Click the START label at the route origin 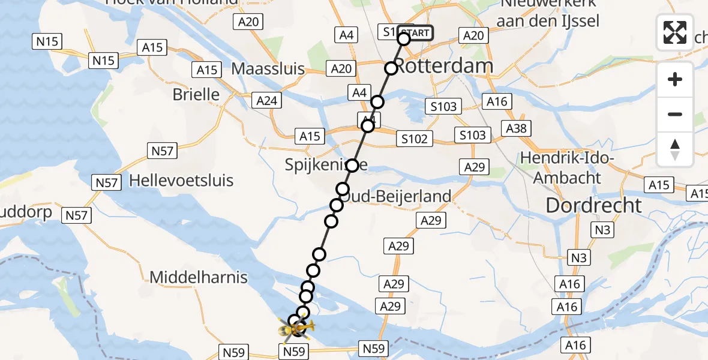pyautogui.click(x=415, y=33)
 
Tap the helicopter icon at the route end pyautogui.click(x=293, y=327)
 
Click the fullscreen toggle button pyautogui.click(x=675, y=32)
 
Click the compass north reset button pyautogui.click(x=675, y=149)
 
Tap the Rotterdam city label pyautogui.click(x=445, y=66)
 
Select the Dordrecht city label pyautogui.click(x=593, y=206)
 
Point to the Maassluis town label pyautogui.click(x=268, y=69)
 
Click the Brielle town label pyautogui.click(x=196, y=94)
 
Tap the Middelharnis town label pyautogui.click(x=199, y=277)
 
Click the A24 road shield pyautogui.click(x=267, y=100)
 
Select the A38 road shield pyautogui.click(x=517, y=128)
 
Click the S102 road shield pyautogui.click(x=415, y=139)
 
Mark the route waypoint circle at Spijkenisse pyautogui.click(x=352, y=165)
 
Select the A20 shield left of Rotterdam pyautogui.click(x=341, y=69)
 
